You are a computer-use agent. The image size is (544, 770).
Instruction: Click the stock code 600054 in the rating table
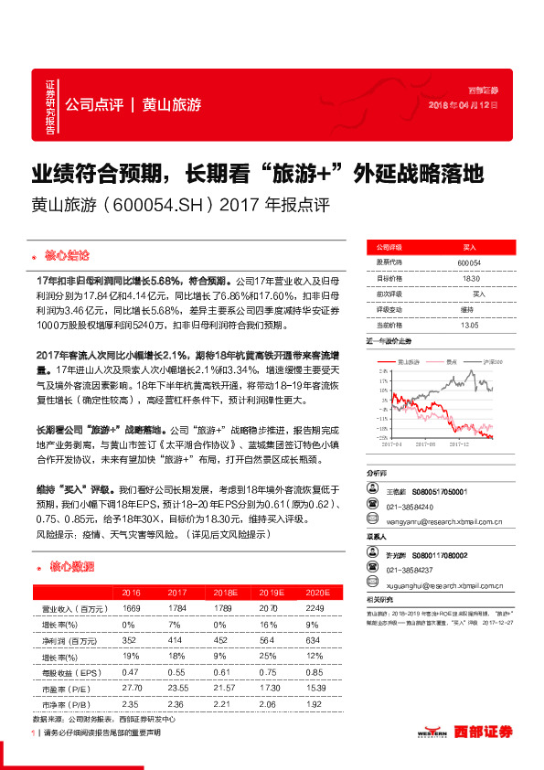click(469, 262)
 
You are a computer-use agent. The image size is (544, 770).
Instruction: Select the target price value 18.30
click(469, 278)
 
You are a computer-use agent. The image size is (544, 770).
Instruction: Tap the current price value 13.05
click(469, 325)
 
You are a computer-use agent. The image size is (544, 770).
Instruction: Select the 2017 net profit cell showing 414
click(165, 640)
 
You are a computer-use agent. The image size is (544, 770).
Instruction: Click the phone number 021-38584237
click(410, 569)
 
